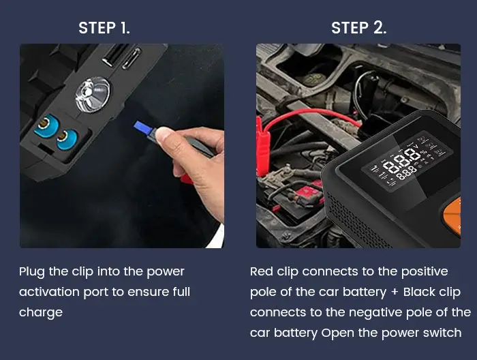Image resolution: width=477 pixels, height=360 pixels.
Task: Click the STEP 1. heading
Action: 104,28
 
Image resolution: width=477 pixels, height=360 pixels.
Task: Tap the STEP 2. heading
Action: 358,28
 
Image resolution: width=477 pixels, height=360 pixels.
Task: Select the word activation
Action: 50,292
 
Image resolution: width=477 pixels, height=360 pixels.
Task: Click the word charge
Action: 41,313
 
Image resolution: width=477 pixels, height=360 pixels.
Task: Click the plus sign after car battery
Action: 394,292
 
